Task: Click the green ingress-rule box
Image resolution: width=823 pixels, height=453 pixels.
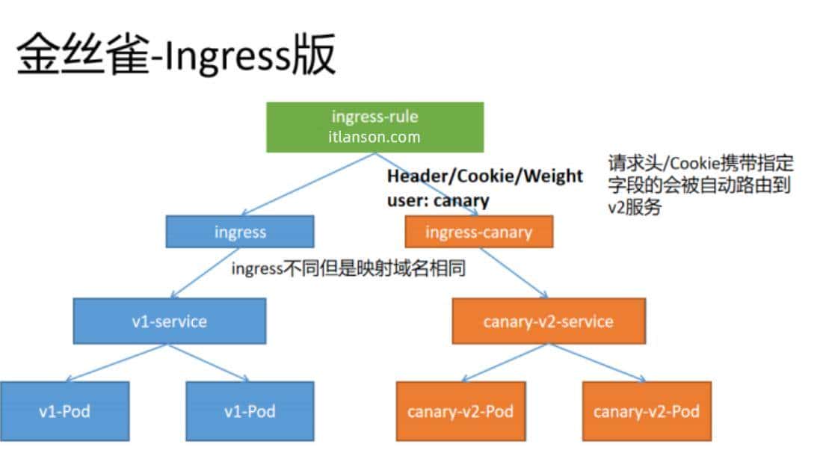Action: pyautogui.click(x=374, y=126)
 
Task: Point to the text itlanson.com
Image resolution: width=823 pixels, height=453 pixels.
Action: pyautogui.click(x=374, y=138)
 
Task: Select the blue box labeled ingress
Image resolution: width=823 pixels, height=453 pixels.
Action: pyautogui.click(x=240, y=232)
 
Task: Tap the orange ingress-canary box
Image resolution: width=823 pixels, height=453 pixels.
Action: pyautogui.click(x=478, y=232)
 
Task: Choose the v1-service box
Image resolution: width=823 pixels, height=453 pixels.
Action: pyautogui.click(x=169, y=321)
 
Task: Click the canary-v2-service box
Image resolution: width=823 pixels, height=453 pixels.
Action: pyautogui.click(x=548, y=321)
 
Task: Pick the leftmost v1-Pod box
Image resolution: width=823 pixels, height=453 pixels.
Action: pyautogui.click(x=64, y=410)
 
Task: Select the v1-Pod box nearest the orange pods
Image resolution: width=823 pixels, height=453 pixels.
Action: pyautogui.click(x=250, y=410)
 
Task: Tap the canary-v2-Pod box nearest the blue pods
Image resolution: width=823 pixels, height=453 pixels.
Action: pyautogui.click(x=460, y=410)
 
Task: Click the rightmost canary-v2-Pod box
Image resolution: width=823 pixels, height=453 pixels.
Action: pyautogui.click(x=647, y=410)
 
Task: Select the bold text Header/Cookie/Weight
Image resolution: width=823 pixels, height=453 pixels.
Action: pyautogui.click(x=484, y=176)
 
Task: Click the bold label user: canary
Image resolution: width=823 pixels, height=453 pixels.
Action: pyautogui.click(x=437, y=200)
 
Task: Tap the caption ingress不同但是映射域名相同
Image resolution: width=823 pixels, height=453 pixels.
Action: pyautogui.click(x=348, y=269)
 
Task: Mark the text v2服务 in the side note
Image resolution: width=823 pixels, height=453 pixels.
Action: pyautogui.click(x=634, y=207)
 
